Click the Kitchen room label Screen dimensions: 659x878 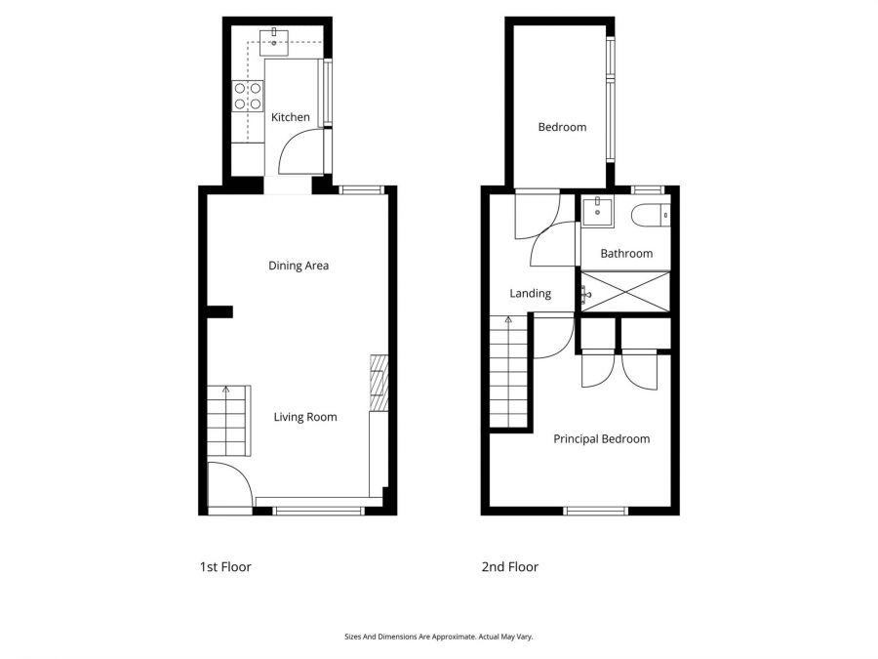tap(290, 117)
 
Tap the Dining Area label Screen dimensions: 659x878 tap(299, 266)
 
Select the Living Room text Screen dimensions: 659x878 tap(305, 417)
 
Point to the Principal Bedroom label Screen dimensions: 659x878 tap(601, 439)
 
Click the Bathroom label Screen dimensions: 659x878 tap(626, 254)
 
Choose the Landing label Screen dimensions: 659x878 tap(531, 293)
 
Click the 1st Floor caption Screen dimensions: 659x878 tap(225, 567)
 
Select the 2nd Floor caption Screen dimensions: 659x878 tap(509, 567)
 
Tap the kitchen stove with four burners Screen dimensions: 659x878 tap(248, 95)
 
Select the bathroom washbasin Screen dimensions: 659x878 tap(596, 209)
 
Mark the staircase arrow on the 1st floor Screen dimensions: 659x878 tap(226, 391)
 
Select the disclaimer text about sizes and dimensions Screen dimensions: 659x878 tap(439, 637)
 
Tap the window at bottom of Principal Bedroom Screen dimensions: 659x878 tap(595, 510)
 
